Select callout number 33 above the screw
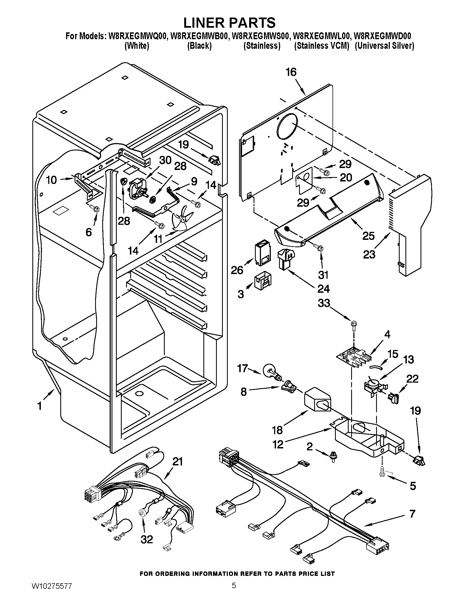click(x=324, y=303)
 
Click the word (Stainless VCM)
click(x=322, y=46)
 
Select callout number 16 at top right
click(x=291, y=72)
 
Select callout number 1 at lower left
click(x=40, y=406)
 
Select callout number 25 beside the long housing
click(x=368, y=236)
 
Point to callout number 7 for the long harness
click(x=412, y=514)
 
